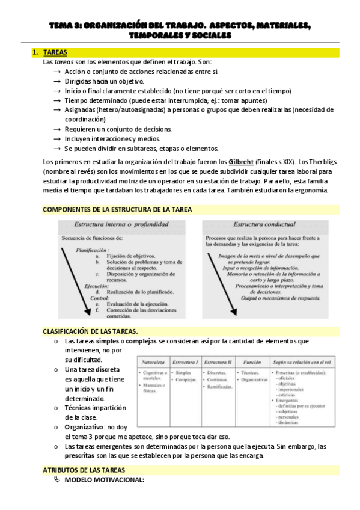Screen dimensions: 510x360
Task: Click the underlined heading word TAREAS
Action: pyautogui.click(x=55, y=53)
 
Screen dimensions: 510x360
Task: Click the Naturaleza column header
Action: pyautogui.click(x=154, y=363)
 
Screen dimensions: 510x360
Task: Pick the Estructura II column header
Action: pyautogui.click(x=218, y=363)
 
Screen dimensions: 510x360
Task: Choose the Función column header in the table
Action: pyautogui.click(x=252, y=363)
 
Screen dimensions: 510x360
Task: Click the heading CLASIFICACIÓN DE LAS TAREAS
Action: pyautogui.click(x=90, y=331)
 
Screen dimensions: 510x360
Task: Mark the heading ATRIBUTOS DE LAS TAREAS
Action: pyautogui.click(x=84, y=469)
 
